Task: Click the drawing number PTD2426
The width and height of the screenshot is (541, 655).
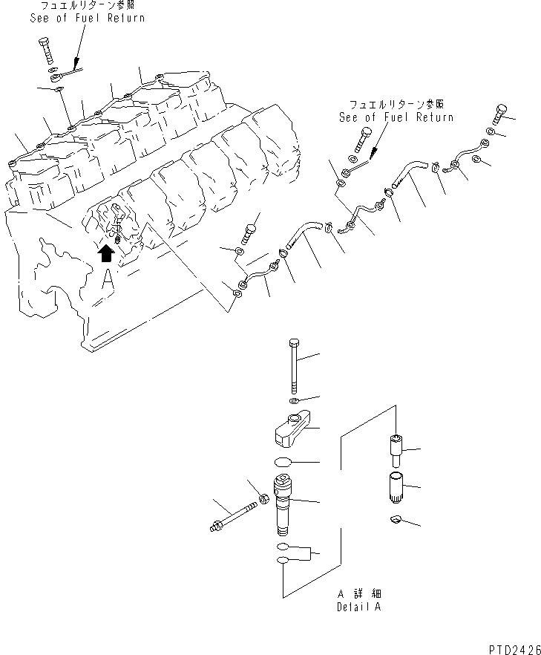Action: coord(509,648)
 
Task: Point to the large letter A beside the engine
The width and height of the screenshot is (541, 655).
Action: coord(108,278)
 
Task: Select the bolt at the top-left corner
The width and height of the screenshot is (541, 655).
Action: coord(46,49)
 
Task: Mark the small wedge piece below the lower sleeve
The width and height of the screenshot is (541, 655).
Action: coord(398,519)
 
